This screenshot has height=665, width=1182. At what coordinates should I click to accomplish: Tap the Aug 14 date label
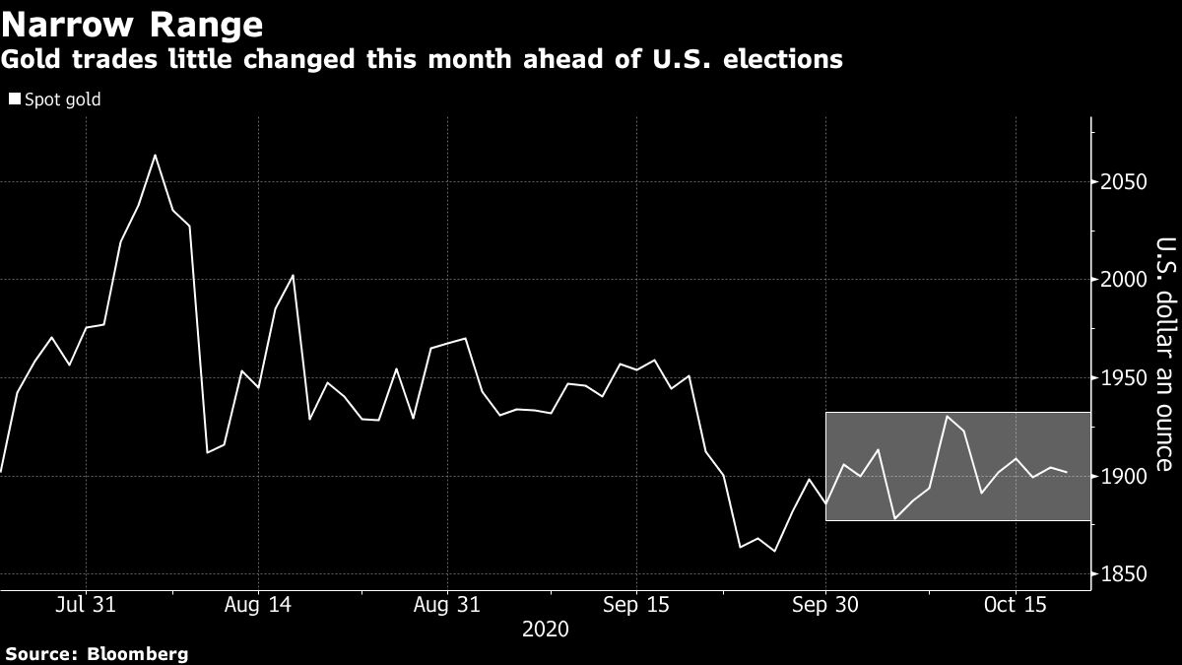(258, 604)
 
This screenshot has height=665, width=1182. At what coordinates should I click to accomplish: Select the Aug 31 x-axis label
(447, 604)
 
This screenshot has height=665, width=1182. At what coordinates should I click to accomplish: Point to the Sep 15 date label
(635, 604)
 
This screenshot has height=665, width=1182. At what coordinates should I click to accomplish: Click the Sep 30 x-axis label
(824, 604)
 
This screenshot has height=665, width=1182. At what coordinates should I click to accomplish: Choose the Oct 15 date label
(1014, 604)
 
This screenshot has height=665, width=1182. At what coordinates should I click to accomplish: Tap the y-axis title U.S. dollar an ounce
(1164, 355)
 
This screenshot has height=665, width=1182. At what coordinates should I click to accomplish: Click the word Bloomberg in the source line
(138, 653)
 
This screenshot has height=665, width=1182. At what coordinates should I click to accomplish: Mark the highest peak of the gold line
(156, 155)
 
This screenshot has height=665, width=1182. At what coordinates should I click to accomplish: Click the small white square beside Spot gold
(14, 100)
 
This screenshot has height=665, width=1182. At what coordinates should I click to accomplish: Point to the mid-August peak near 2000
(293, 275)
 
